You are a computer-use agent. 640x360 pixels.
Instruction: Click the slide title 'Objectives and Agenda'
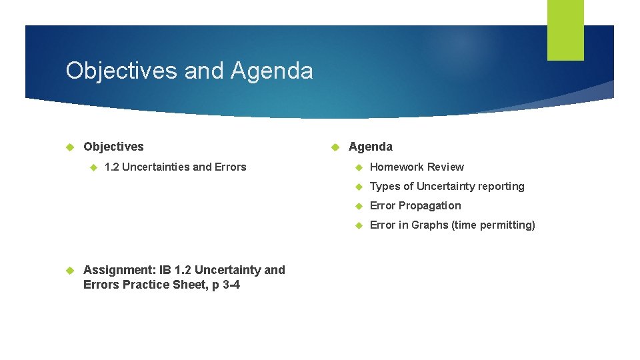[189, 71]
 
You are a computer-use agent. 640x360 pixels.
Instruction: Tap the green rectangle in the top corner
[565, 30]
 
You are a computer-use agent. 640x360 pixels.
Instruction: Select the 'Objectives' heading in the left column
[113, 147]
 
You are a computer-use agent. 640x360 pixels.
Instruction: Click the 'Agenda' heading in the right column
[371, 147]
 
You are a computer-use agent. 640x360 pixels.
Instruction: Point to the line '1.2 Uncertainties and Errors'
[175, 167]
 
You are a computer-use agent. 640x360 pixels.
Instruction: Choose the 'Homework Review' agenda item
[417, 167]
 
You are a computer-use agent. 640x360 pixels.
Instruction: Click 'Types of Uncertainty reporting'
[447, 186]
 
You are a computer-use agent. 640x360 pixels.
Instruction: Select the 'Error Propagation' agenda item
[415, 205]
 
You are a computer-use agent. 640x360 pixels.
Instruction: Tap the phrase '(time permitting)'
[493, 225]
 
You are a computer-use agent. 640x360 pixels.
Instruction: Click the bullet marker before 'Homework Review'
[358, 167]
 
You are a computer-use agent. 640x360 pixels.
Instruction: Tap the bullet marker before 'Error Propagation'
[358, 206]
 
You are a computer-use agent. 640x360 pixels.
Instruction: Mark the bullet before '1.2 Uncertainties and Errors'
[93, 167]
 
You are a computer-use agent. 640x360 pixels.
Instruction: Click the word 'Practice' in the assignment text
[147, 285]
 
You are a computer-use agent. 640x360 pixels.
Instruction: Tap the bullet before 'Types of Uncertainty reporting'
[358, 187]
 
